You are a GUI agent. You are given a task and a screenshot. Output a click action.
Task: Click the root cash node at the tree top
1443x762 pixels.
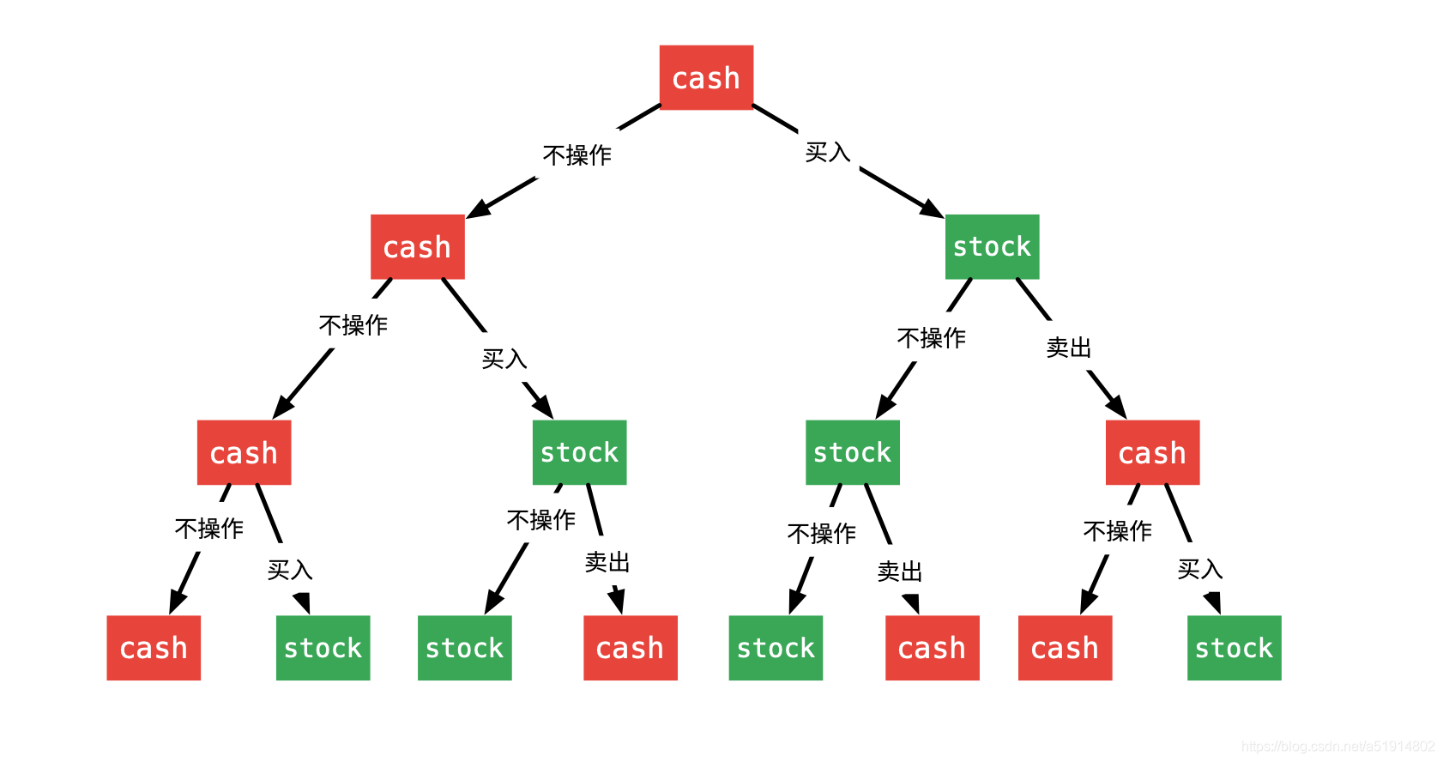[706, 77]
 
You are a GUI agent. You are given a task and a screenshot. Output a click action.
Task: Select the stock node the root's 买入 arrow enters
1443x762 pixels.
[992, 246]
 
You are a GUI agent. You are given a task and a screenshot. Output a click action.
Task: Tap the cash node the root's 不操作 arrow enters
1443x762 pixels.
[417, 246]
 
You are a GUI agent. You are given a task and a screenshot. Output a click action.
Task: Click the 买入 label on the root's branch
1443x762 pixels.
[827, 153]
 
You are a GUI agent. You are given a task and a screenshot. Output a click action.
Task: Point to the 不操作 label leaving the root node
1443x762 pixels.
[577, 155]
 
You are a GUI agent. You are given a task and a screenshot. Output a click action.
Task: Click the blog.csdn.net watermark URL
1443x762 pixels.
[1337, 747]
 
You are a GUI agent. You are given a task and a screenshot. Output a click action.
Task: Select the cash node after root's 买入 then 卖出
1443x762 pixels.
[1152, 452]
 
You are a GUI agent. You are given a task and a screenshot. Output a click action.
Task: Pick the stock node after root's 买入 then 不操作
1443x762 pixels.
[852, 452]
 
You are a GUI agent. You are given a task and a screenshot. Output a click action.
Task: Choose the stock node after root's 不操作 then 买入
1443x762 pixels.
[579, 452]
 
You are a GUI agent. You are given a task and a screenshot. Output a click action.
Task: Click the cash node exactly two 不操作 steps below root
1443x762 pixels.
[244, 452]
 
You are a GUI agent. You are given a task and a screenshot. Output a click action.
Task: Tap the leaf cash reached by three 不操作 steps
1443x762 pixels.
[154, 648]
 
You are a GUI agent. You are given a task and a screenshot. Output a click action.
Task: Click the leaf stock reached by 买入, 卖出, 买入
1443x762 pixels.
[1234, 648]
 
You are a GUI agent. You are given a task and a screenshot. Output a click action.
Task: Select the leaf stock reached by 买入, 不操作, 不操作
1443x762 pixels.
[776, 648]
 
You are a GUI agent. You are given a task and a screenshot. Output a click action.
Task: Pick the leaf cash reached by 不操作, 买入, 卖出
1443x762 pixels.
[630, 648]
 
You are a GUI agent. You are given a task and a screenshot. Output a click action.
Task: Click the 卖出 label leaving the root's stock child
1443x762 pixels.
[1068, 348]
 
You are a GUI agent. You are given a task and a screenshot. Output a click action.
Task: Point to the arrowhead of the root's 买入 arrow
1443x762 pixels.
[933, 209]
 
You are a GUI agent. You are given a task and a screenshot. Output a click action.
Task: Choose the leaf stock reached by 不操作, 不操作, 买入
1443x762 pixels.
[323, 648]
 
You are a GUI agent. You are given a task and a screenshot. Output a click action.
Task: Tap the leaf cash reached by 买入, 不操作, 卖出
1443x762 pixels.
[932, 648]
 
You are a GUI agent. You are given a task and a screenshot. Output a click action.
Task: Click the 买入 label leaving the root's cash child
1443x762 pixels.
[504, 359]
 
